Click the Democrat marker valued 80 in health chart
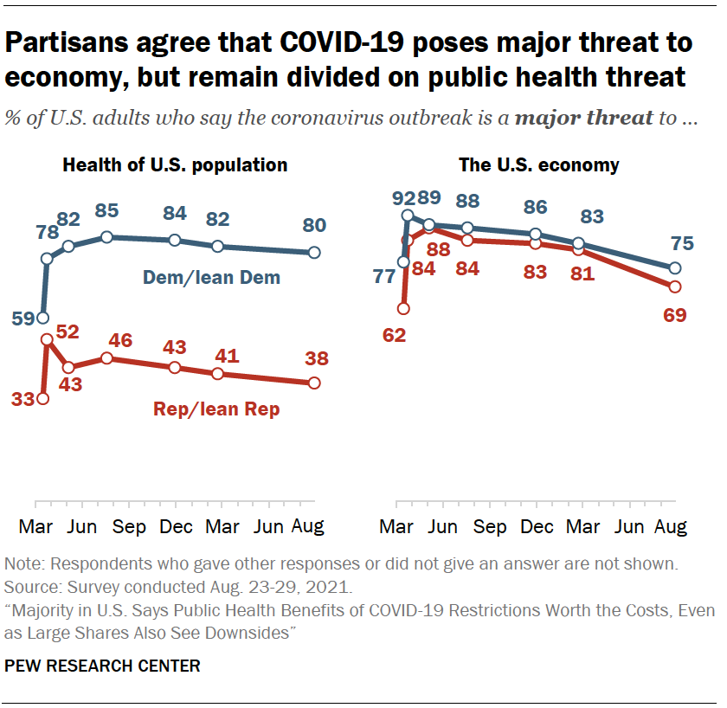click(x=314, y=253)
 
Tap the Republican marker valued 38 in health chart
click(x=314, y=383)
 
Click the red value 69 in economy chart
click(x=674, y=315)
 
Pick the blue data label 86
click(x=536, y=208)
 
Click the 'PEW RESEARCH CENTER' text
click(x=103, y=666)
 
